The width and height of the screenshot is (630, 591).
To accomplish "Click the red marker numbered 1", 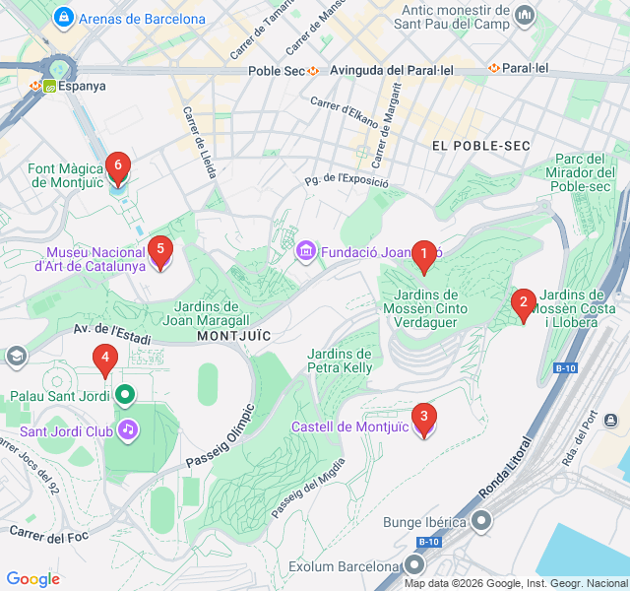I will (423, 256).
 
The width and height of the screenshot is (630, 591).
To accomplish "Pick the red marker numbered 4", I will (104, 361).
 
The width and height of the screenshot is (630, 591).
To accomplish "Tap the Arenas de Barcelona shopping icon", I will (64, 18).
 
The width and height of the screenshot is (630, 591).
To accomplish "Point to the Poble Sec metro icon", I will (313, 71).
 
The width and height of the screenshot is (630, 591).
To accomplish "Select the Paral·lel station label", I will (526, 68).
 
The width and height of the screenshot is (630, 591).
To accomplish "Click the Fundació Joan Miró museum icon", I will (306, 252).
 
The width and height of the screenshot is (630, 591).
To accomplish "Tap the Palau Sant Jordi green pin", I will (124, 396).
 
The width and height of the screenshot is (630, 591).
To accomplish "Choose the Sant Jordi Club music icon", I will (127, 429).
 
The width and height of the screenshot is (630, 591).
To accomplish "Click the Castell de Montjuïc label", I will (349, 427).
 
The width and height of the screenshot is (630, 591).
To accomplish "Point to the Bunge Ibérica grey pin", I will (482, 520).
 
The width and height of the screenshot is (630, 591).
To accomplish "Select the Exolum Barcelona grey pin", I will (414, 565).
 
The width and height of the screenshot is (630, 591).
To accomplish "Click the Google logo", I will (32, 579).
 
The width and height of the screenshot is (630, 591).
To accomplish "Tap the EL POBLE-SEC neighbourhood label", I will (480, 146).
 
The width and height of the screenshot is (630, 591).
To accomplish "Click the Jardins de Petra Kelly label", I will (340, 361).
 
